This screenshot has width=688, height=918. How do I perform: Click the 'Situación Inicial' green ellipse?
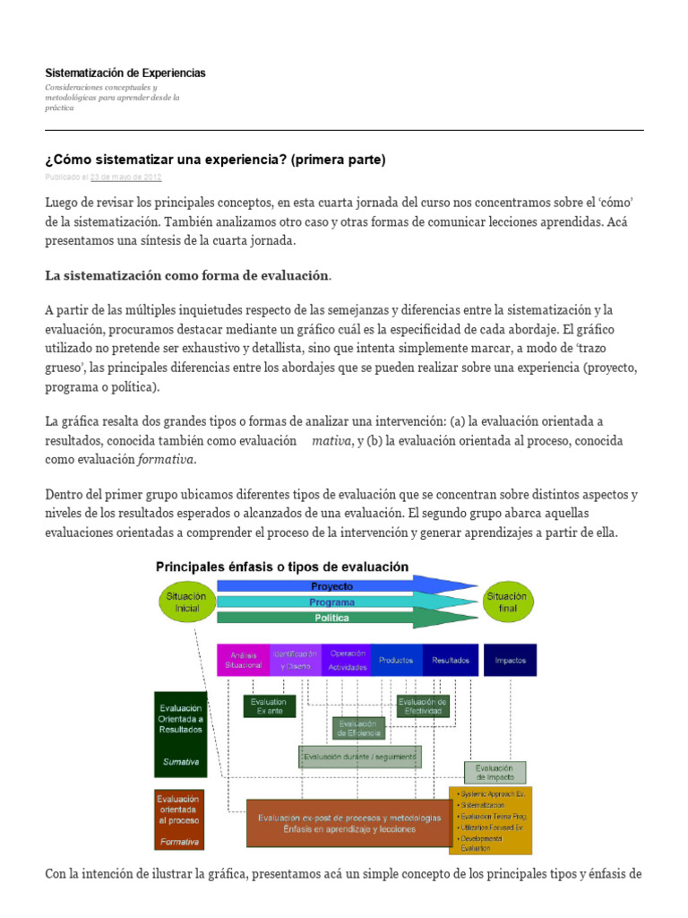[x=185, y=602]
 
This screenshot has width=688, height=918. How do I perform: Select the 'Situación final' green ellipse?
[x=507, y=602]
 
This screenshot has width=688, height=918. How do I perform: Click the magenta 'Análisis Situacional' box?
[x=244, y=660]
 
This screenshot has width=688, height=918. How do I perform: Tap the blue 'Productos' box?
[x=396, y=660]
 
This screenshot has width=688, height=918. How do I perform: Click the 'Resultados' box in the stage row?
[x=450, y=660]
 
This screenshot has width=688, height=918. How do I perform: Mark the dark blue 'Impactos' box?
[x=510, y=660]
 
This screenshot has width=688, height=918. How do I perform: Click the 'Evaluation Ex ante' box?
[x=269, y=706]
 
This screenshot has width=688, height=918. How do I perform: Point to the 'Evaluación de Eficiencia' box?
[x=358, y=728]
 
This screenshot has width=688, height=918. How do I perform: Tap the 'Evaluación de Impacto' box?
[x=494, y=773]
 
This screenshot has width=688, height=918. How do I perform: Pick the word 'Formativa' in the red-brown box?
[x=179, y=842]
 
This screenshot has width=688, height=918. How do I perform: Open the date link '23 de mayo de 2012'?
[x=126, y=178]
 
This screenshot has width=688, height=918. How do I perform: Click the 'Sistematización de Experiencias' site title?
[x=125, y=73]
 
